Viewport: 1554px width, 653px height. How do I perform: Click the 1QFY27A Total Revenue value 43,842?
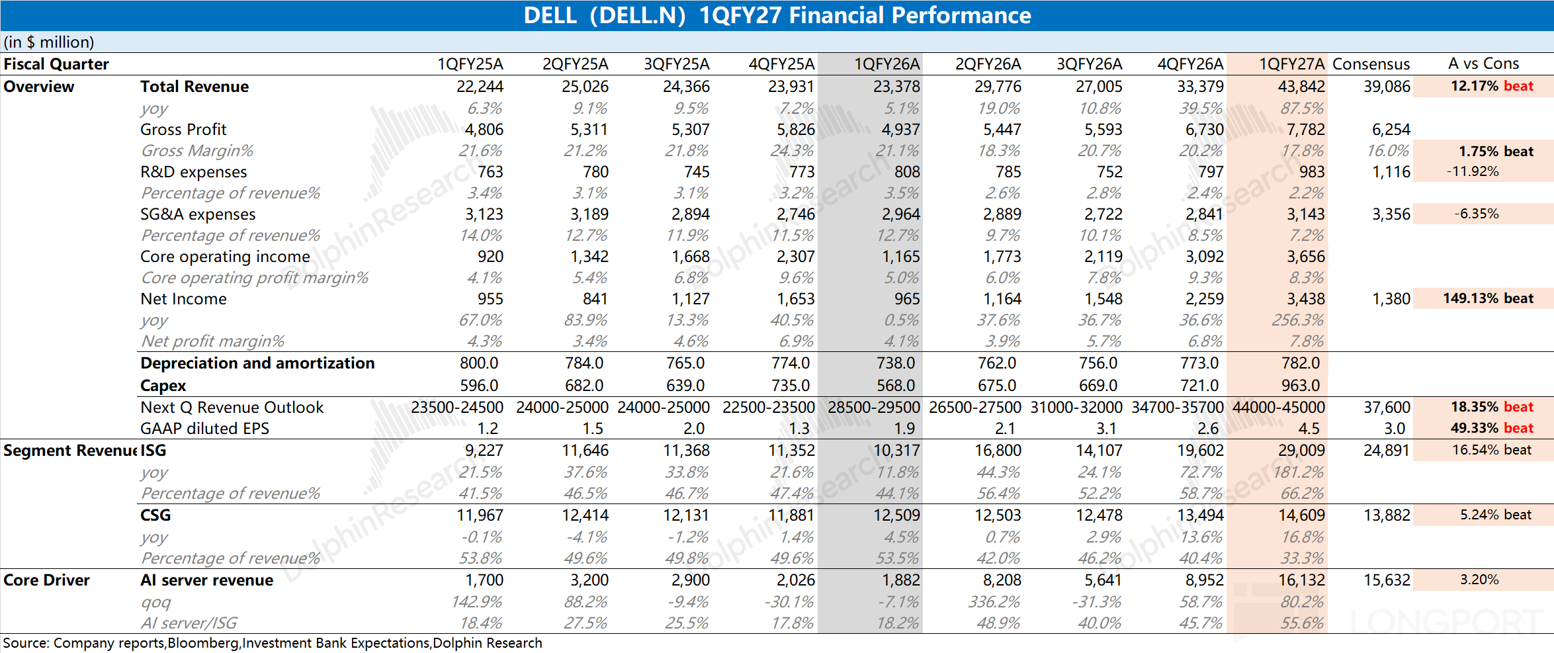pyautogui.click(x=1301, y=87)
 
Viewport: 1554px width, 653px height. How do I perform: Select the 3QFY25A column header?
pyautogui.click(x=677, y=64)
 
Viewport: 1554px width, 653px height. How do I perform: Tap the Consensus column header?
pyautogui.click(x=1371, y=64)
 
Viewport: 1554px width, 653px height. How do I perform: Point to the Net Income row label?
pyautogui.click(x=183, y=299)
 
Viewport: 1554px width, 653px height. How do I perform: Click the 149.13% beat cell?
pyautogui.click(x=1488, y=298)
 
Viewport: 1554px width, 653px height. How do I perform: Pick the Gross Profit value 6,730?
pyautogui.click(x=1204, y=130)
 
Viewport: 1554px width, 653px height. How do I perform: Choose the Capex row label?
pyautogui.click(x=163, y=386)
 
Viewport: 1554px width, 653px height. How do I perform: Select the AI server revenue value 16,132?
pyautogui.click(x=1301, y=580)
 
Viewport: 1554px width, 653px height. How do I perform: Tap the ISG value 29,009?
pyautogui.click(x=1301, y=451)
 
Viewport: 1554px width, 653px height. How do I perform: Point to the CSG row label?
pyautogui.click(x=155, y=515)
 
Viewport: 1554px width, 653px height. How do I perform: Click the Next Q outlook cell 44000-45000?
pyautogui.click(x=1279, y=408)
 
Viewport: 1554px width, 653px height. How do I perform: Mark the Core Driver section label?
pyautogui.click(x=46, y=580)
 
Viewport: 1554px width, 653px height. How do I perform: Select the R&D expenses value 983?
pyautogui.click(x=1312, y=172)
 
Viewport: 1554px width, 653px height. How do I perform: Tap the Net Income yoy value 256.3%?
pyautogui.click(x=1298, y=320)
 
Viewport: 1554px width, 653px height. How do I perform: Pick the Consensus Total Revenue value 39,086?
pyautogui.click(x=1387, y=87)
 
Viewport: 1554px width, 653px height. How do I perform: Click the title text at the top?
pyautogui.click(x=777, y=15)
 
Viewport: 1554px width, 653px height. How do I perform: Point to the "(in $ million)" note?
pyautogui.click(x=49, y=42)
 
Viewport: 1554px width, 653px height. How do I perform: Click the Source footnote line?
pyautogui.click(x=273, y=643)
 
